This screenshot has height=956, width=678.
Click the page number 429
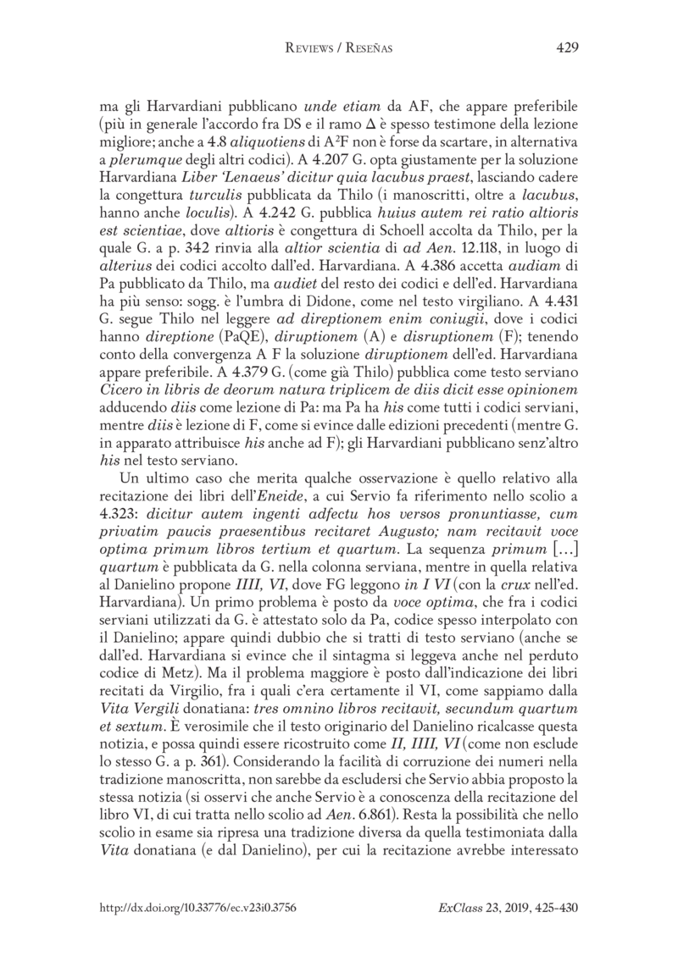coord(566,48)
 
